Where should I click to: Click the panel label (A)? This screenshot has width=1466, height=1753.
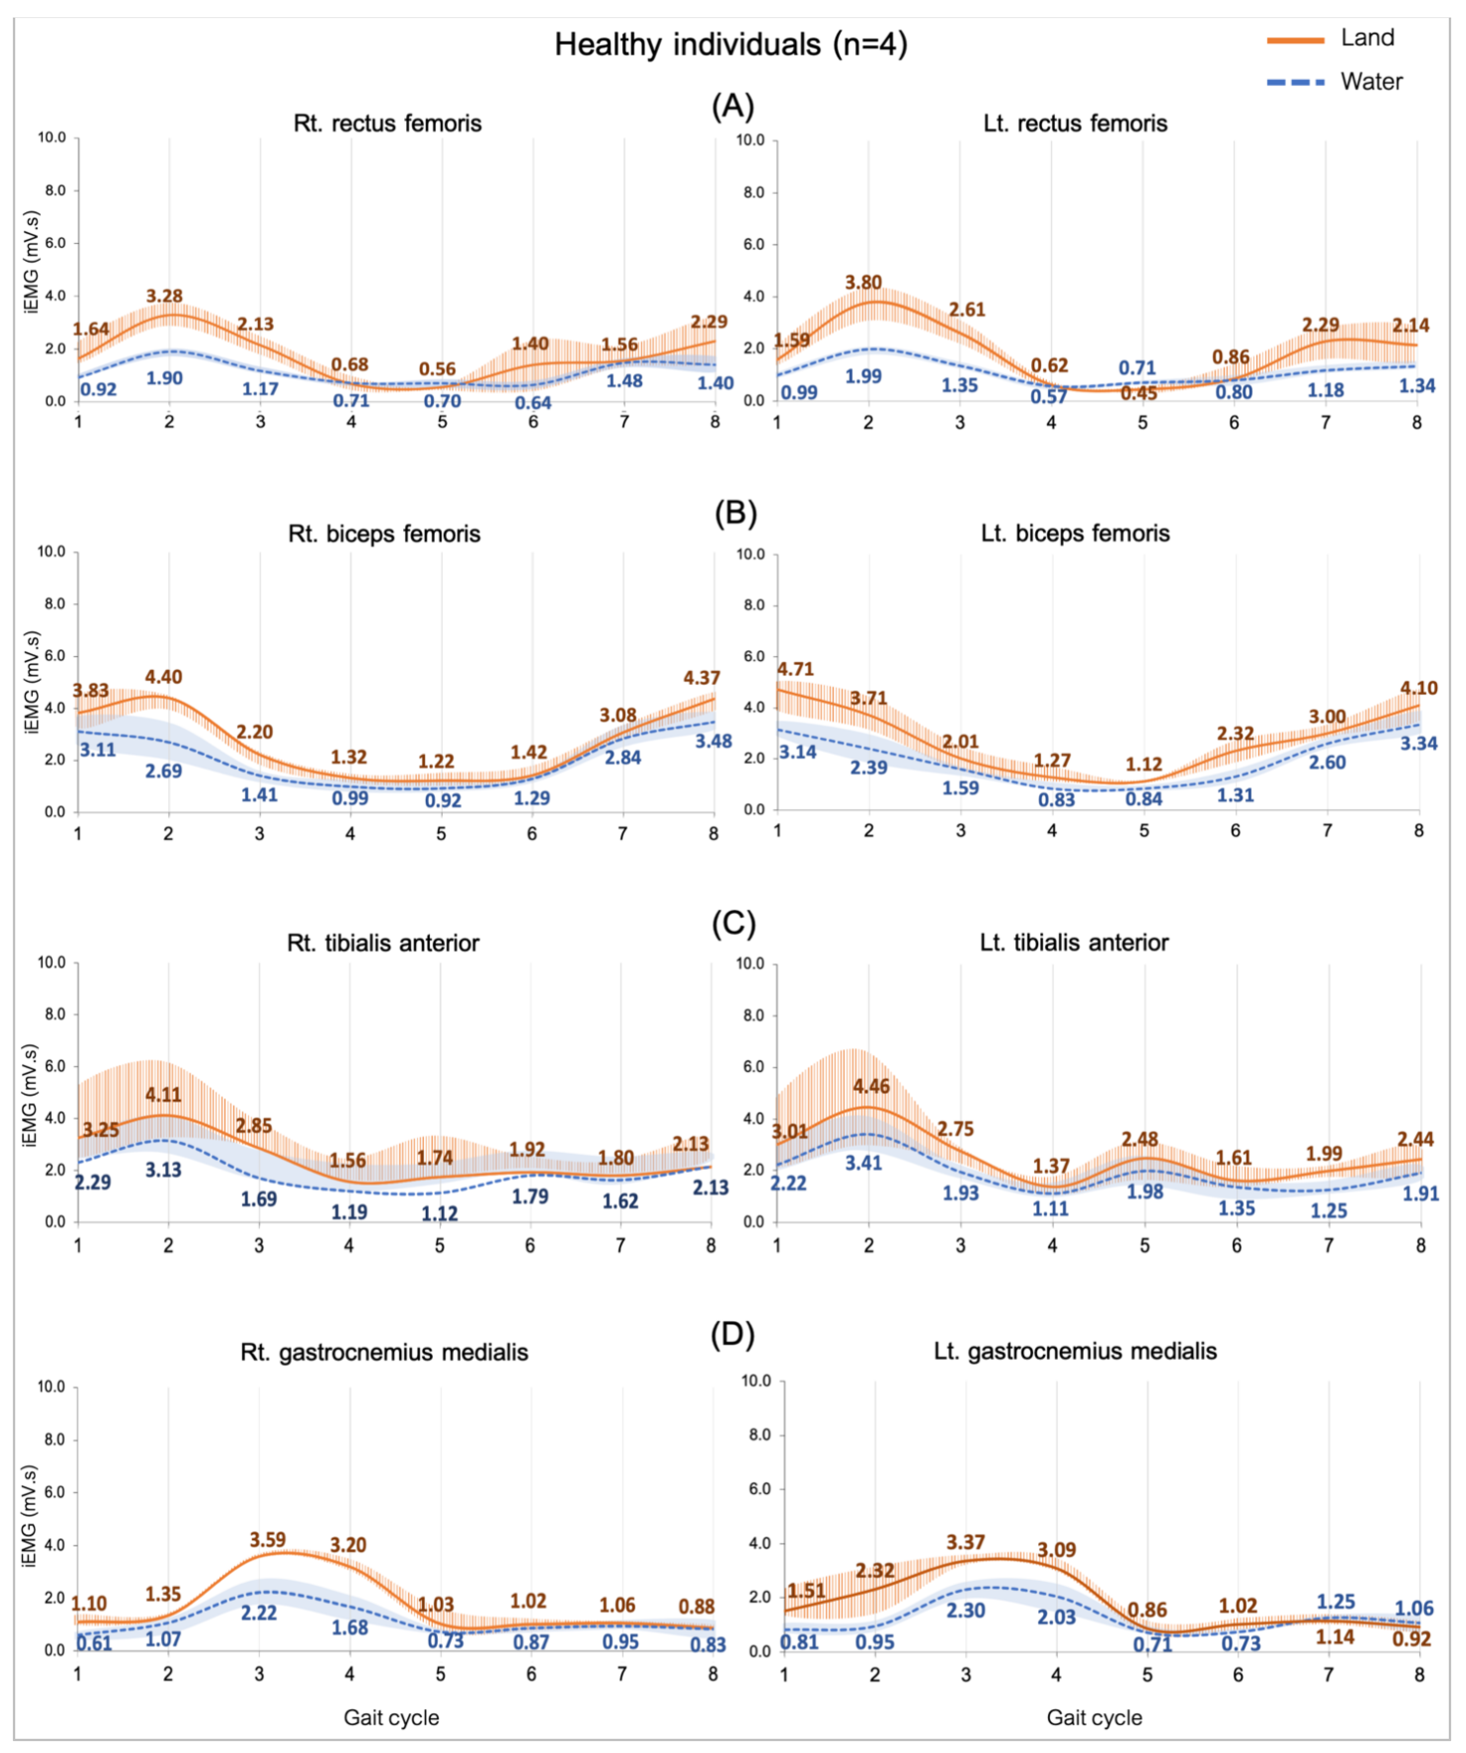pyautogui.click(x=733, y=107)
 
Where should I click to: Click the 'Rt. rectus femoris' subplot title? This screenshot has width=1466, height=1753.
pyautogui.click(x=387, y=124)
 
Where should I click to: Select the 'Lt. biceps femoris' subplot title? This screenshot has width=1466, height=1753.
pyautogui.click(x=1075, y=533)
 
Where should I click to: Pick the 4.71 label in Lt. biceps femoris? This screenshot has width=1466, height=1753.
pyautogui.click(x=795, y=669)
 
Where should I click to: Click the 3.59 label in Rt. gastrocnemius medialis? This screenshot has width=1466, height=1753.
pyautogui.click(x=267, y=1539)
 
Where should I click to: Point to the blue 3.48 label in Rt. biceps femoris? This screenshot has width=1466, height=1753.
pyautogui.click(x=714, y=741)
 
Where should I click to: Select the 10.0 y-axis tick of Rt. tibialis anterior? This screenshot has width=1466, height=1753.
pyautogui.click(x=52, y=963)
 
